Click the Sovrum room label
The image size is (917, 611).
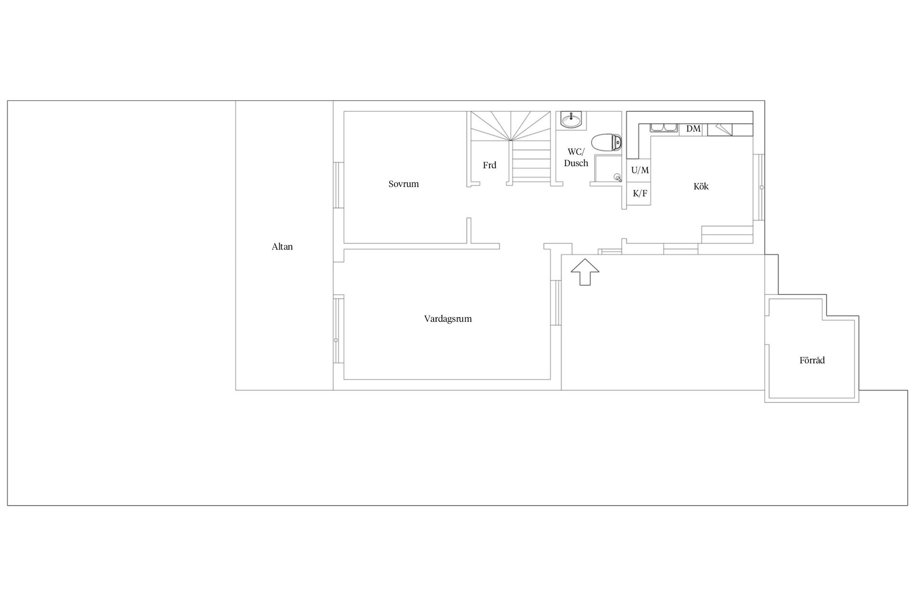point(404,184)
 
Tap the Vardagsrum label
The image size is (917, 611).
point(448,319)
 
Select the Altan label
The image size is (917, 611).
point(282,247)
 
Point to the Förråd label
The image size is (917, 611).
point(812,360)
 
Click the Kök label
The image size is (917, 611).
point(701,187)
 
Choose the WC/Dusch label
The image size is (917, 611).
point(576,158)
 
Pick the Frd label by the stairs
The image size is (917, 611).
point(490,165)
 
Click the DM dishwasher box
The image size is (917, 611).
point(693,129)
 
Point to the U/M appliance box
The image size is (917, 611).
point(640,170)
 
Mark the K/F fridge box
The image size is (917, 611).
point(640,194)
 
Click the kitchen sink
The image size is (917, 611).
point(663,127)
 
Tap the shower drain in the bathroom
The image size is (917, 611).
point(618,178)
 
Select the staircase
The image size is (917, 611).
point(511,146)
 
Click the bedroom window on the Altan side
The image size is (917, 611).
point(338,185)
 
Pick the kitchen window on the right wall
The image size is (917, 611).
point(759,188)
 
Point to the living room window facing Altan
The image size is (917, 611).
point(338,329)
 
